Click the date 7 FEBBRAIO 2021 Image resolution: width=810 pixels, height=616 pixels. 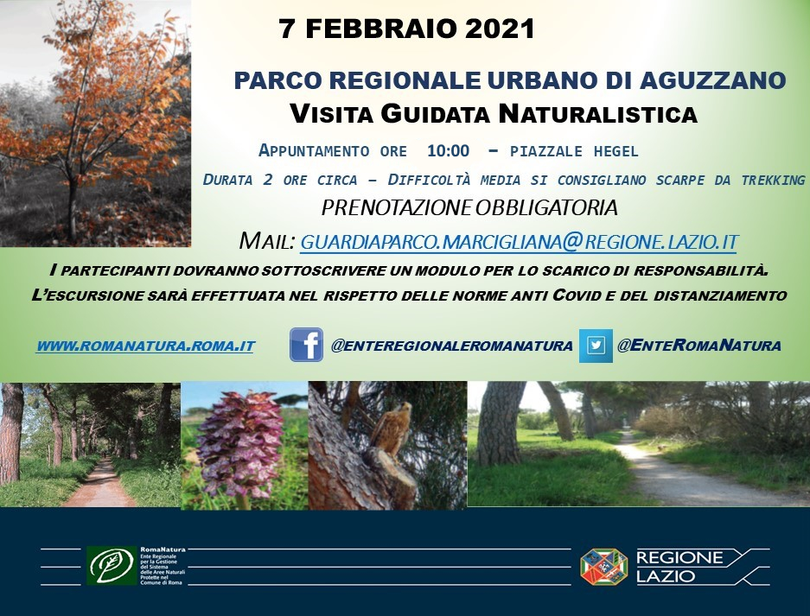(407, 29)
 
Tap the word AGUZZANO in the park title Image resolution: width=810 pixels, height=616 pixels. (713, 81)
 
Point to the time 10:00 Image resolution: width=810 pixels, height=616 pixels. (448, 150)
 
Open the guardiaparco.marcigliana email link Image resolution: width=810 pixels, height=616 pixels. (519, 241)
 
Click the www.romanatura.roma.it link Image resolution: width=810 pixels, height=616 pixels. (145, 346)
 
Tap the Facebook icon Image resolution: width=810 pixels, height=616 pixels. (306, 345)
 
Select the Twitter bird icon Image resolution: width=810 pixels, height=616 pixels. (596, 345)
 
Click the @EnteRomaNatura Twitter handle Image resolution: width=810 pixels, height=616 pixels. (698, 346)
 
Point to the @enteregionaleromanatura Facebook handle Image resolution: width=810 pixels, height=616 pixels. (451, 346)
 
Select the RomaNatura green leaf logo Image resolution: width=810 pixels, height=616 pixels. (112, 565)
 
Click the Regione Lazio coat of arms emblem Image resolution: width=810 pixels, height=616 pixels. (603, 566)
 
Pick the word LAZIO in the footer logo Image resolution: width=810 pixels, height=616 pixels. (666, 575)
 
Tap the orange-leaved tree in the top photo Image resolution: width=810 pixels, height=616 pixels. (104, 104)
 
